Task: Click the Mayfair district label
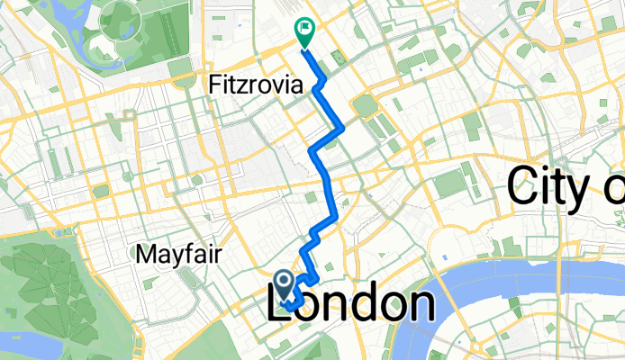(179, 255)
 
